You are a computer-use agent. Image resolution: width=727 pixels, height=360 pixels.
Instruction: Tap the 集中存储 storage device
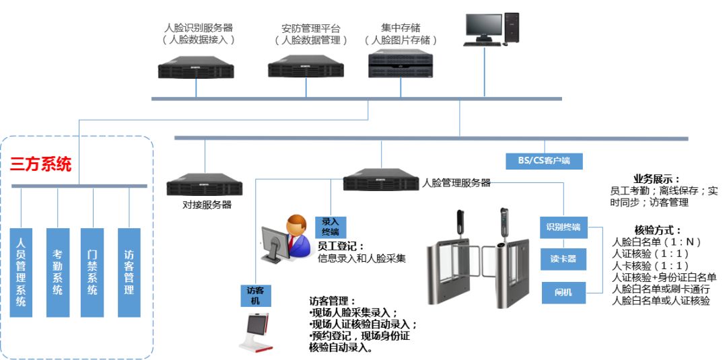coord(401,64)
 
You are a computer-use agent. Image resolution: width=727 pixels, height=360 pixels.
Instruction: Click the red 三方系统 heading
coord(41,165)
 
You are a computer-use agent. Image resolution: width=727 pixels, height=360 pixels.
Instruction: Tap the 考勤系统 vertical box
coord(58,272)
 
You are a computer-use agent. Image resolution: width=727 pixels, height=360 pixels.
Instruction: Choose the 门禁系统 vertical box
coord(92,272)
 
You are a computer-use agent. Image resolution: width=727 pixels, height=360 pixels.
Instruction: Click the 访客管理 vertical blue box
coord(129,272)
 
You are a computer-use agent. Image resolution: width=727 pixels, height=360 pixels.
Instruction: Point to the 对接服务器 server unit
coord(204,184)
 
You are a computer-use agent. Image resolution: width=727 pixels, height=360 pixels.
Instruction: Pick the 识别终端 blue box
coord(563,227)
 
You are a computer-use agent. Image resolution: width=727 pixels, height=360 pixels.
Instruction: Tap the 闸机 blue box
coord(563,292)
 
